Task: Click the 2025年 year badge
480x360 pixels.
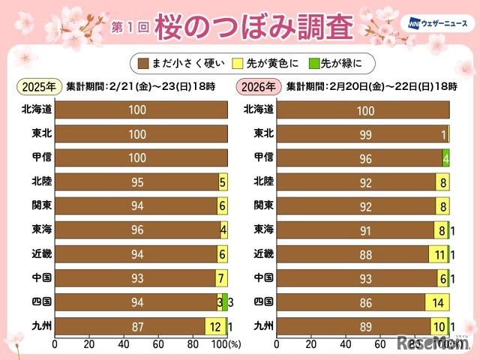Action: point(37,85)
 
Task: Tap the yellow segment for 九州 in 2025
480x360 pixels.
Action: point(214,325)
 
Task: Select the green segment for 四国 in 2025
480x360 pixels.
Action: point(224,301)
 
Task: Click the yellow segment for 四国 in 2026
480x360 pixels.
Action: point(436,301)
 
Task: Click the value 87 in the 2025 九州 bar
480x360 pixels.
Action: point(128,325)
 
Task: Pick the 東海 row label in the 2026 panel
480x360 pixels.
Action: point(259,229)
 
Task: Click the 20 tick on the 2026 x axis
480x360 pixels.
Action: point(311,345)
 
